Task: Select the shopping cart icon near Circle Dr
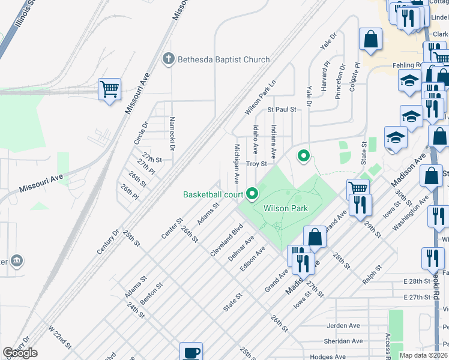tap(109, 90)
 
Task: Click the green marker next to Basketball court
tap(252, 193)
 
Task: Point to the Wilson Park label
tap(285, 208)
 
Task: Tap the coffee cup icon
tap(191, 352)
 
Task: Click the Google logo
tap(20, 353)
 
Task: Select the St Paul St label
tap(282, 110)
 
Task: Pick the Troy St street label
tap(256, 163)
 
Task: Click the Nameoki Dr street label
tap(172, 133)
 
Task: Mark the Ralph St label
tap(372, 274)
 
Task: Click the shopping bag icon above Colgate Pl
tap(371, 39)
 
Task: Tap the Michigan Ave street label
tap(237, 164)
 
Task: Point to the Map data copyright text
tap(423, 355)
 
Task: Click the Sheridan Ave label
tap(345, 341)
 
